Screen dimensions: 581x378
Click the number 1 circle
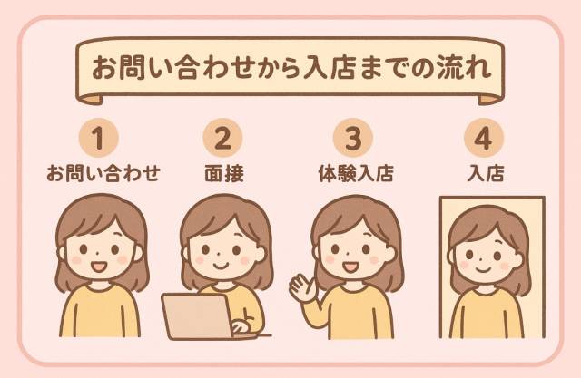(99, 138)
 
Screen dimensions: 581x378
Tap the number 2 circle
(222, 138)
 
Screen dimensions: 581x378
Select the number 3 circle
(353, 138)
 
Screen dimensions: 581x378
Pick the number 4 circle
(484, 138)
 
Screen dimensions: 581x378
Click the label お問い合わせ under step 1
(103, 173)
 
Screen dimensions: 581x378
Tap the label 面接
(224, 173)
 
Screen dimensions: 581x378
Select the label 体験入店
(356, 173)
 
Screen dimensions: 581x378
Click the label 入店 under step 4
(486, 173)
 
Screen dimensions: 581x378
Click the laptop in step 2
(198, 316)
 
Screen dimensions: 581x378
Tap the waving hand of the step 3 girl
(302, 287)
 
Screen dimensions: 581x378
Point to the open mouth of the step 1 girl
(99, 267)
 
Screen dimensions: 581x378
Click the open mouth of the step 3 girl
(350, 267)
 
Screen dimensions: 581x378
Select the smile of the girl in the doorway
(483, 269)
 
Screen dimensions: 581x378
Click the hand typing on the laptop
(241, 325)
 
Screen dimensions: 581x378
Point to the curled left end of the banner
(89, 99)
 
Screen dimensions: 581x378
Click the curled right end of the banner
(491, 99)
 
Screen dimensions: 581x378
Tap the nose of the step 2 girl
(219, 254)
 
